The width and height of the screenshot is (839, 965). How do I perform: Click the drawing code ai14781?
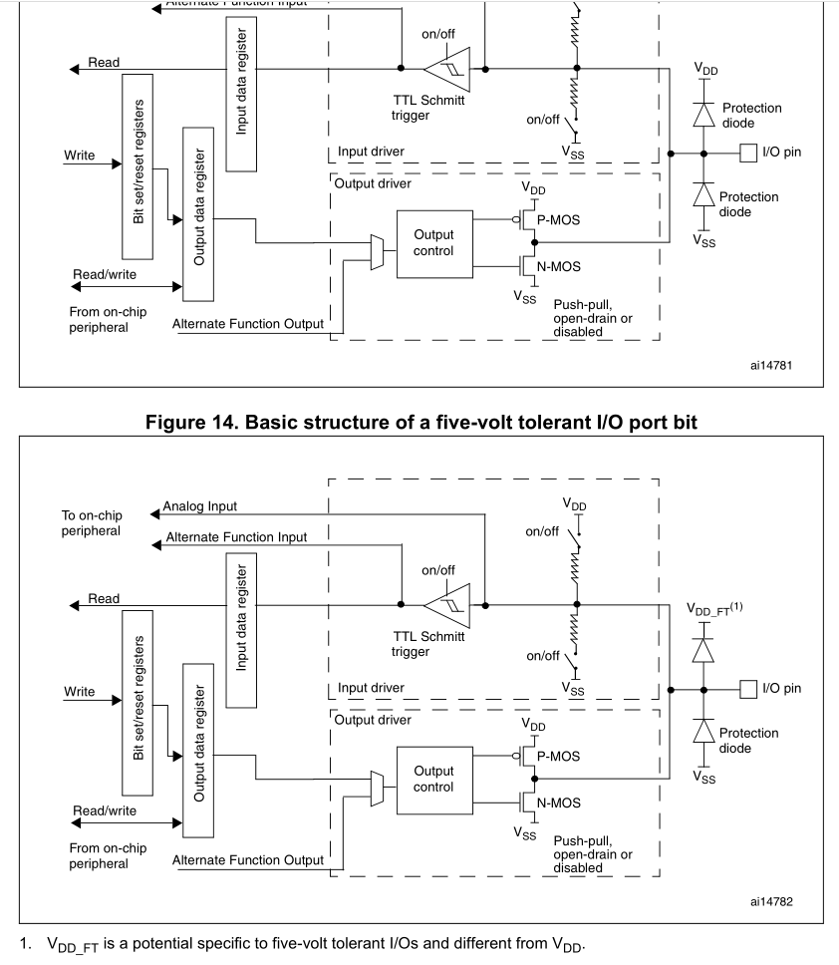point(772,365)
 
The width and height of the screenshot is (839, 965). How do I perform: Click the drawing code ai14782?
point(772,901)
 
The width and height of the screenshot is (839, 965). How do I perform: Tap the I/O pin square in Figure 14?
point(747,688)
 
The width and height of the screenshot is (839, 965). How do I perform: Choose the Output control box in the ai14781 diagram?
point(433,242)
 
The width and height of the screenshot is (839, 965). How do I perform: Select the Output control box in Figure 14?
point(433,779)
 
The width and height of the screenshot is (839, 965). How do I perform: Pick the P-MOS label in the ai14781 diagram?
point(558,219)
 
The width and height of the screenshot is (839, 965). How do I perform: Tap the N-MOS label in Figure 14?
point(558,802)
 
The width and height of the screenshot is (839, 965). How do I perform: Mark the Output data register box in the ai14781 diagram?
point(199,213)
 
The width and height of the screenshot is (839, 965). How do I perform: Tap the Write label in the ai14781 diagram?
point(80,156)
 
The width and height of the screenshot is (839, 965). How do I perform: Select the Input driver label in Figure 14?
point(371,688)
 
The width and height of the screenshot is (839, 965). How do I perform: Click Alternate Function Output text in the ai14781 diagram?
point(247,323)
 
